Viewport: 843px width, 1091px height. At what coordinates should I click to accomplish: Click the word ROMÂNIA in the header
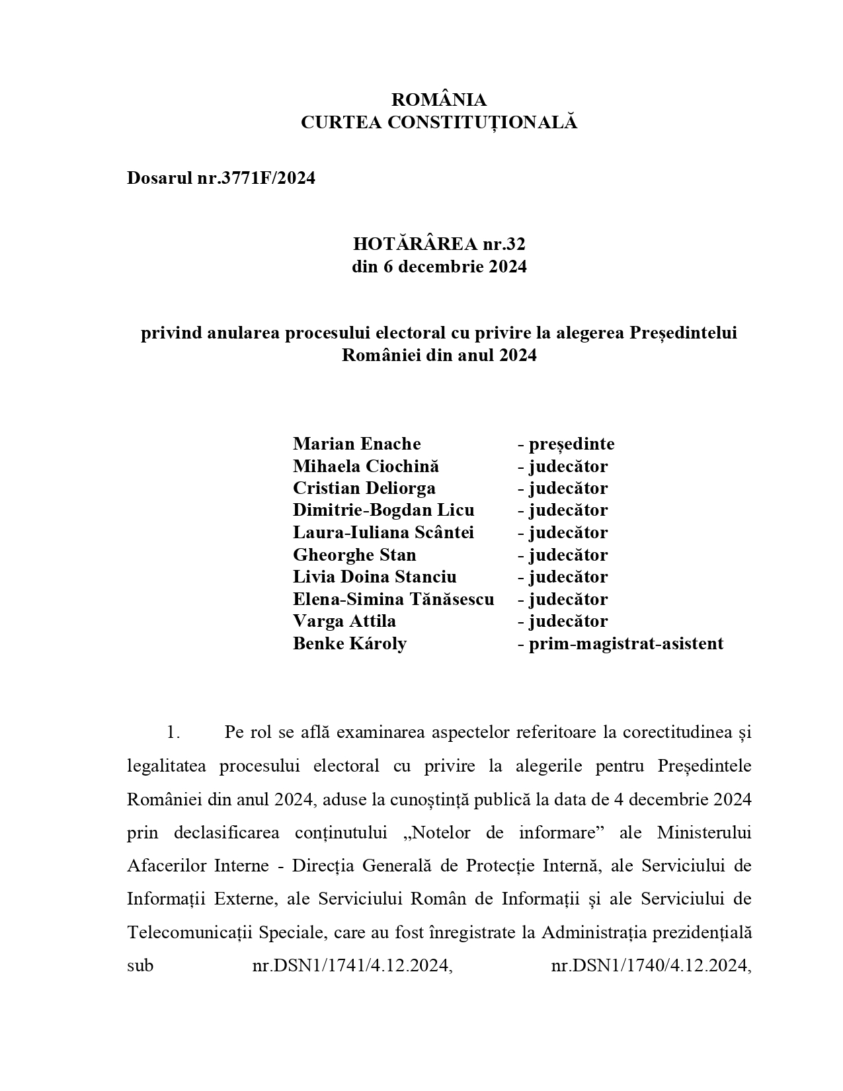[x=439, y=100]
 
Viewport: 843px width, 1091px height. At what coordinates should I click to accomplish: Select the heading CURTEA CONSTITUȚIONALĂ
[x=439, y=123]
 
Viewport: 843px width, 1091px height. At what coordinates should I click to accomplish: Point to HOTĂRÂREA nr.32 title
[x=439, y=245]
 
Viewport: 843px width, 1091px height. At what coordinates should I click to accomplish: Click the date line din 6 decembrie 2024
[x=439, y=267]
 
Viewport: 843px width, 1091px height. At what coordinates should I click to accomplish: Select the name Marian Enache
[x=356, y=444]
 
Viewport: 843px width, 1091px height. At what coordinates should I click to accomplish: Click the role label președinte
[x=571, y=444]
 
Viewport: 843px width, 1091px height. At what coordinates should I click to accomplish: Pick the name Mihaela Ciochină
[x=366, y=466]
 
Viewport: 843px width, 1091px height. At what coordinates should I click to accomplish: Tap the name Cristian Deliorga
[x=364, y=488]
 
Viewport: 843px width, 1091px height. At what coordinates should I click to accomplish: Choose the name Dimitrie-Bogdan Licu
[x=383, y=510]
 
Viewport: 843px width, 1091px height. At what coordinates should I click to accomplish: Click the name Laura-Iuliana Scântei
[x=383, y=532]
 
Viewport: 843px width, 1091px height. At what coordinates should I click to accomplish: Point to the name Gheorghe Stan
[x=354, y=555]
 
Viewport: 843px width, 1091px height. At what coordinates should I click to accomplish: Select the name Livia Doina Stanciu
[x=374, y=577]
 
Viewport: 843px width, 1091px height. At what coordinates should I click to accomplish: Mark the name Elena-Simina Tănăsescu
[x=393, y=599]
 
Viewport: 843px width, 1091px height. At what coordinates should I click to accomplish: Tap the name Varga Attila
[x=344, y=621]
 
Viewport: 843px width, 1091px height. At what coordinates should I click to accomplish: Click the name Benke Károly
[x=350, y=643]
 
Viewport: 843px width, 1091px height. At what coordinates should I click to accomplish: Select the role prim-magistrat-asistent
[x=625, y=643]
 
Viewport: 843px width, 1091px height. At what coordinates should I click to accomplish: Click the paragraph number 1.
[x=173, y=733]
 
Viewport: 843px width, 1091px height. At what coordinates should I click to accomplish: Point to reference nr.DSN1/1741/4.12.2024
[x=352, y=965]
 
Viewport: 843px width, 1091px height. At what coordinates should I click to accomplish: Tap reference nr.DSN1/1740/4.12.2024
[x=651, y=965]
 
